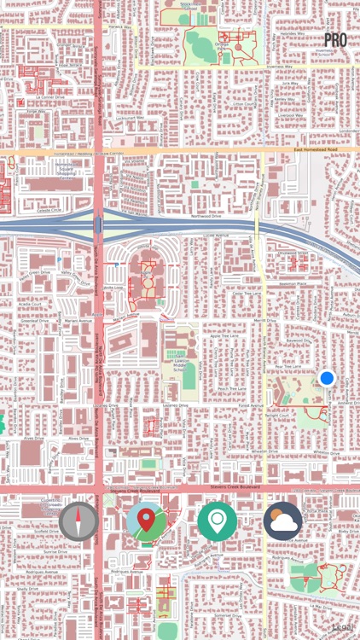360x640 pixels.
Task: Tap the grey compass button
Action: tap(79, 521)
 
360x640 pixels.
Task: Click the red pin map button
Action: tap(147, 521)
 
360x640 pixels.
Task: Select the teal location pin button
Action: tap(218, 521)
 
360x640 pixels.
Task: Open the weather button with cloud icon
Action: tap(283, 521)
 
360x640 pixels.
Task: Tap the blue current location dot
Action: tap(327, 378)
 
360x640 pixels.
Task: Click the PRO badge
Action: tap(335, 39)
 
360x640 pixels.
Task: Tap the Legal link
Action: tap(343, 627)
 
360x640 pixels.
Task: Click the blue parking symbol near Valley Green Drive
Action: tap(58, 259)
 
